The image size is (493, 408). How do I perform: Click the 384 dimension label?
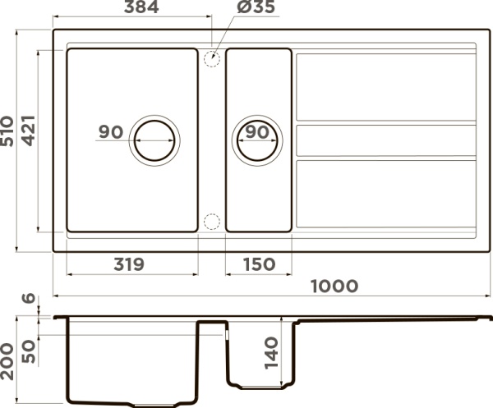coord(141,7)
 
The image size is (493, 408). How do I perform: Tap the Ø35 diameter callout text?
coord(256,7)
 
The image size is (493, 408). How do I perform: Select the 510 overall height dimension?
coord(7,131)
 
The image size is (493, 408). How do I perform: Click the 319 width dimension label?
coord(129,264)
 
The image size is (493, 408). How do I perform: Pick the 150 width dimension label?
coord(260,264)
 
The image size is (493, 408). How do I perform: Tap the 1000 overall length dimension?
coord(334,287)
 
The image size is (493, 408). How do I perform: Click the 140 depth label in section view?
coord(271,353)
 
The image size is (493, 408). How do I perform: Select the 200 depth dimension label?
coord(7,362)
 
